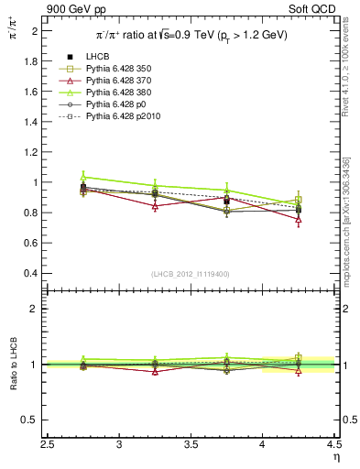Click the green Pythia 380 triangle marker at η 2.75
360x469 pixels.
click(83, 177)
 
